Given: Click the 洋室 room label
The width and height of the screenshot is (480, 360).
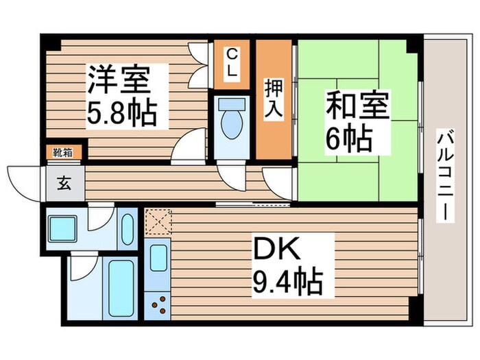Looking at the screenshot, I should pyautogui.click(x=118, y=81).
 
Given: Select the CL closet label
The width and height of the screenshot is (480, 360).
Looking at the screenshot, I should pyautogui.click(x=232, y=62).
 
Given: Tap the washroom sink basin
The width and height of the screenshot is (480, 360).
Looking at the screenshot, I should pyautogui.click(x=128, y=228).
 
